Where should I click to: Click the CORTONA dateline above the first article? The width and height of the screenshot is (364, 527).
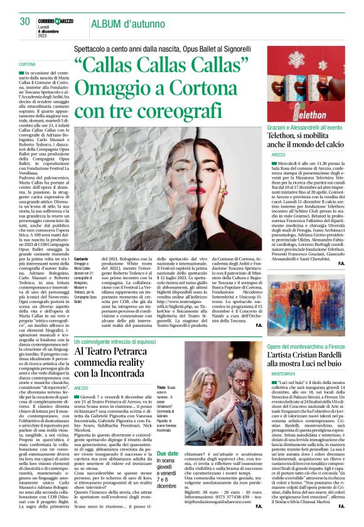click(x=28, y=65)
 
